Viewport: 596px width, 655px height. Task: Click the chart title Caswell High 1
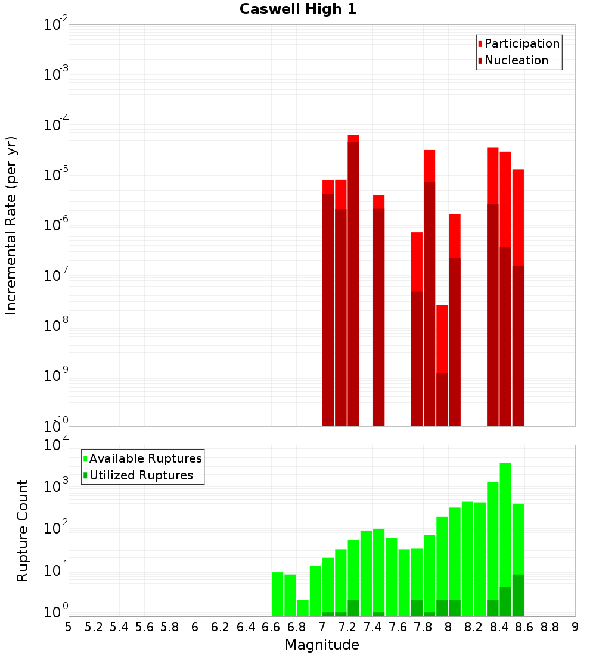coord(298,10)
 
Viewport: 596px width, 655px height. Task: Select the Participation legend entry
coord(521,43)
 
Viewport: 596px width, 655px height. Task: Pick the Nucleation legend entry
coord(516,60)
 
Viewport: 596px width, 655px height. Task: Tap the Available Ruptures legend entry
coord(145,458)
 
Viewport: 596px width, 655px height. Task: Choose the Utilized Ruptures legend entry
coord(141,475)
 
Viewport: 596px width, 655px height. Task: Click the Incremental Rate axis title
coord(11,225)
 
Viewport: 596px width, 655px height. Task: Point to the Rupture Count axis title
coord(23,531)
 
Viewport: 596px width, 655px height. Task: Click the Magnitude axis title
coord(322,645)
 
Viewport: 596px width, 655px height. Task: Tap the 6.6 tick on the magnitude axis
coord(271,627)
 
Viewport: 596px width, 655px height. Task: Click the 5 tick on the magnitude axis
coord(69,627)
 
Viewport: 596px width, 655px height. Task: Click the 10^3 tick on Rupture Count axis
coord(56,486)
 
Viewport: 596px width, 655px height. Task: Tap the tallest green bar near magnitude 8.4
coord(505,536)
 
